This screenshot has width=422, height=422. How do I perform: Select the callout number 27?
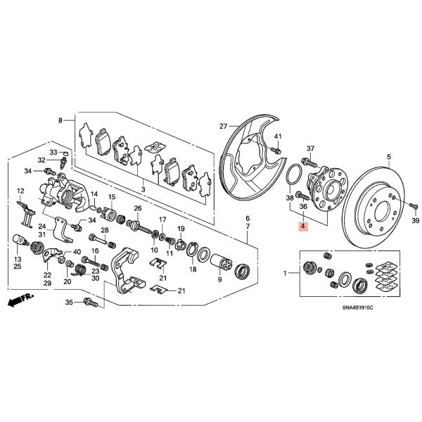pos(224,127)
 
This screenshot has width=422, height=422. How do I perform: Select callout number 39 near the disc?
pos(414,222)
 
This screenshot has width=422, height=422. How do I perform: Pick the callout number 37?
pos(311,148)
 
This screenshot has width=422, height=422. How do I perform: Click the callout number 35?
pos(69,302)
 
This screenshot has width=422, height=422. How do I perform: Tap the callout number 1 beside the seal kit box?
pos(286,272)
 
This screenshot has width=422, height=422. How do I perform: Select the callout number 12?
pos(20,190)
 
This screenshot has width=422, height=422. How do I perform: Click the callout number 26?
pos(138,208)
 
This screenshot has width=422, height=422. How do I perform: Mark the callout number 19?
pos(180,230)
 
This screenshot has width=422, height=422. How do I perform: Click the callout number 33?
pos(53,152)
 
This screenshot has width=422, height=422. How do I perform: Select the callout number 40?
pos(77,251)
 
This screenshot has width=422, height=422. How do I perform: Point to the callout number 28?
pos(103,231)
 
